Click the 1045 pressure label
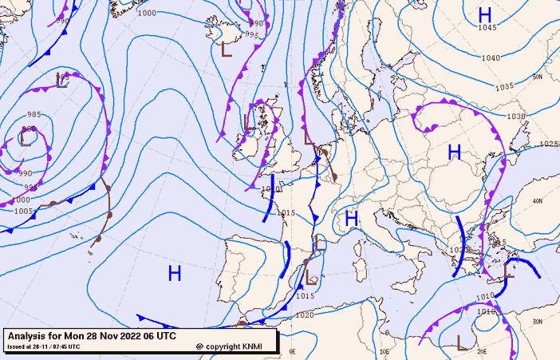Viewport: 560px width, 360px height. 487,28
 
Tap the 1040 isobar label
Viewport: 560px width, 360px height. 491,58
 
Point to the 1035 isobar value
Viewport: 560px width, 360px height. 505,87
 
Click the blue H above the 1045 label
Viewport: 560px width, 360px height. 484,14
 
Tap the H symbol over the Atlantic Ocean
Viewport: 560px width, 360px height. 175,274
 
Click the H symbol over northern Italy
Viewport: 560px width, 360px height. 349,217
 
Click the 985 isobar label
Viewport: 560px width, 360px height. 34,115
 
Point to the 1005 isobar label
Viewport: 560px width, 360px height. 24,212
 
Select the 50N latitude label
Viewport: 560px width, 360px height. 538,77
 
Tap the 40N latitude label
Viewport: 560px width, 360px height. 538,200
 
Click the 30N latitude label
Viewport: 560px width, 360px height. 538,322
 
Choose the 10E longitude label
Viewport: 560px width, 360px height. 385,351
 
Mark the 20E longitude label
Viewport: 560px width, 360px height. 481,351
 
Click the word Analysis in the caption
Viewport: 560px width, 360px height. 29,336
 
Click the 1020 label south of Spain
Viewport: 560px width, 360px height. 304,315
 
